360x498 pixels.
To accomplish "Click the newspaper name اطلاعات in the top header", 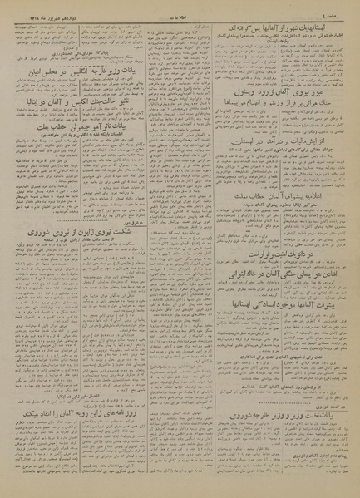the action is (179, 7).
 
